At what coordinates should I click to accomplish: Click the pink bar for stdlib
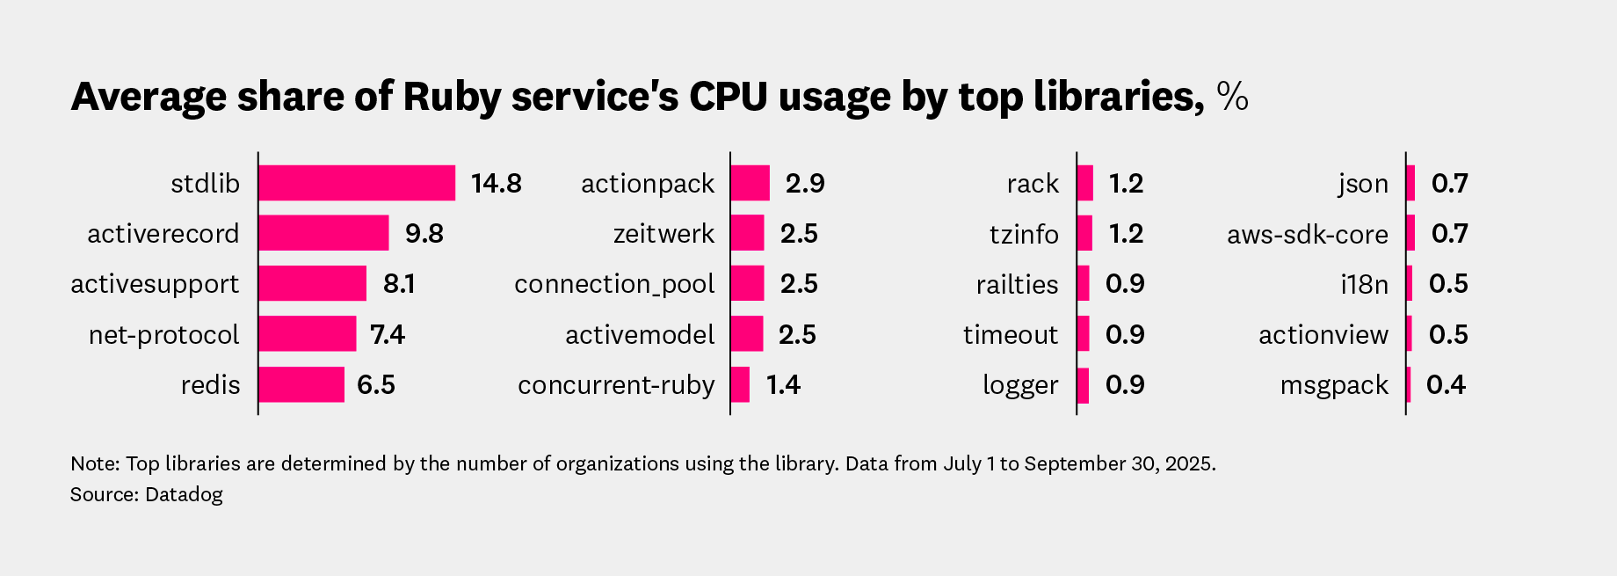point(357,183)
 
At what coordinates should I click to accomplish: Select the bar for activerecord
point(323,233)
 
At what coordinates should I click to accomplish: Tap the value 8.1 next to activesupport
point(399,284)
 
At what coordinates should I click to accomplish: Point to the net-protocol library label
point(163,335)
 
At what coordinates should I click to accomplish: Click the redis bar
point(301,384)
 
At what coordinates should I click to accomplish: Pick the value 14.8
point(496,183)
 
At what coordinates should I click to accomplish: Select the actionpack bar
point(750,183)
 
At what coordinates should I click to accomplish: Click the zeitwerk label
point(663,234)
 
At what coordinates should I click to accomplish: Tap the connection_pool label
point(614,284)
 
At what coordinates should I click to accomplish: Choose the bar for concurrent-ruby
point(740,384)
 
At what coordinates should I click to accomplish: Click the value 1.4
point(783,385)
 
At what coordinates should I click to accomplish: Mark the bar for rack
point(1085,183)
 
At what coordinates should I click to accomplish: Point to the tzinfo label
point(1024,234)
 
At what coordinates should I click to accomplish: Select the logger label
point(1020,385)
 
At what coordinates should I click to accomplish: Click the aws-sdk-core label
point(1307,234)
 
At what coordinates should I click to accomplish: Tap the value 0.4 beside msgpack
point(1446,385)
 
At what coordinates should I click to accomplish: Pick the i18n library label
point(1364,284)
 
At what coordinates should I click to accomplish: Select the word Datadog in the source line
point(184,494)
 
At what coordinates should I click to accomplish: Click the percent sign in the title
point(1232,97)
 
